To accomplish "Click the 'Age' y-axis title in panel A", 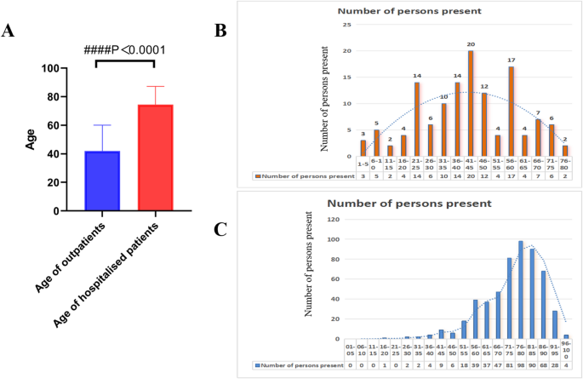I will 31,140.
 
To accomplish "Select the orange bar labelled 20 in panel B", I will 470,103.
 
